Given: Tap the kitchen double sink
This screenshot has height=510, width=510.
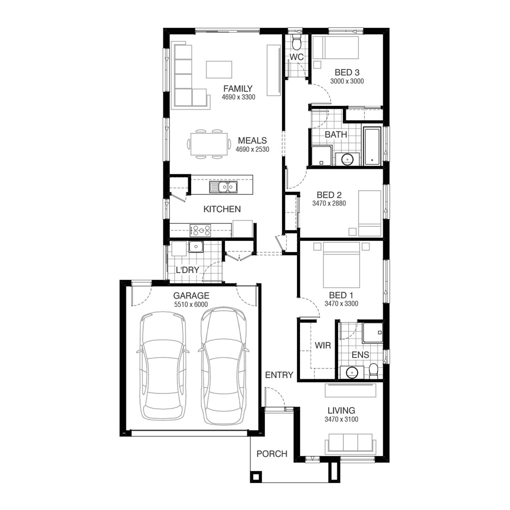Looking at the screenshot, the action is (223, 187).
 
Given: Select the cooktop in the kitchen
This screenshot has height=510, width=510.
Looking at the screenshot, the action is (200, 230).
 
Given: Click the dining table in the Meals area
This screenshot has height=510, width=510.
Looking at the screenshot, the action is (208, 144).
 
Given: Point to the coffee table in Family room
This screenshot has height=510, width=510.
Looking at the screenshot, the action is (219, 69).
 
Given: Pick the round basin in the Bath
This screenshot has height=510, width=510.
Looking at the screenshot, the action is (347, 159).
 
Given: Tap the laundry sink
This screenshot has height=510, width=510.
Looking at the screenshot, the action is (196, 247).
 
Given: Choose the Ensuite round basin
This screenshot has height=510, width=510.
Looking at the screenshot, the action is (352, 372).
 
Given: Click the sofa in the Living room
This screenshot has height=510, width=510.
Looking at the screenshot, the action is (350, 444).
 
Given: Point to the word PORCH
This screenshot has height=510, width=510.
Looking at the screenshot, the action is (272, 454).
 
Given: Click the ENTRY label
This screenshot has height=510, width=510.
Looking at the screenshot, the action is (279, 375).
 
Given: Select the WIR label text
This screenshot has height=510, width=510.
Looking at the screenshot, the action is (323, 345).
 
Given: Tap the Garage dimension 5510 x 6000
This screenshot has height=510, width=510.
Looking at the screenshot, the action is (191, 305).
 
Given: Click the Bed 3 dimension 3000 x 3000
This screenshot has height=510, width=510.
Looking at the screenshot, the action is (347, 81).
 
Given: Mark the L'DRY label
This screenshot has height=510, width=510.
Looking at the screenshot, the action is (187, 270).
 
